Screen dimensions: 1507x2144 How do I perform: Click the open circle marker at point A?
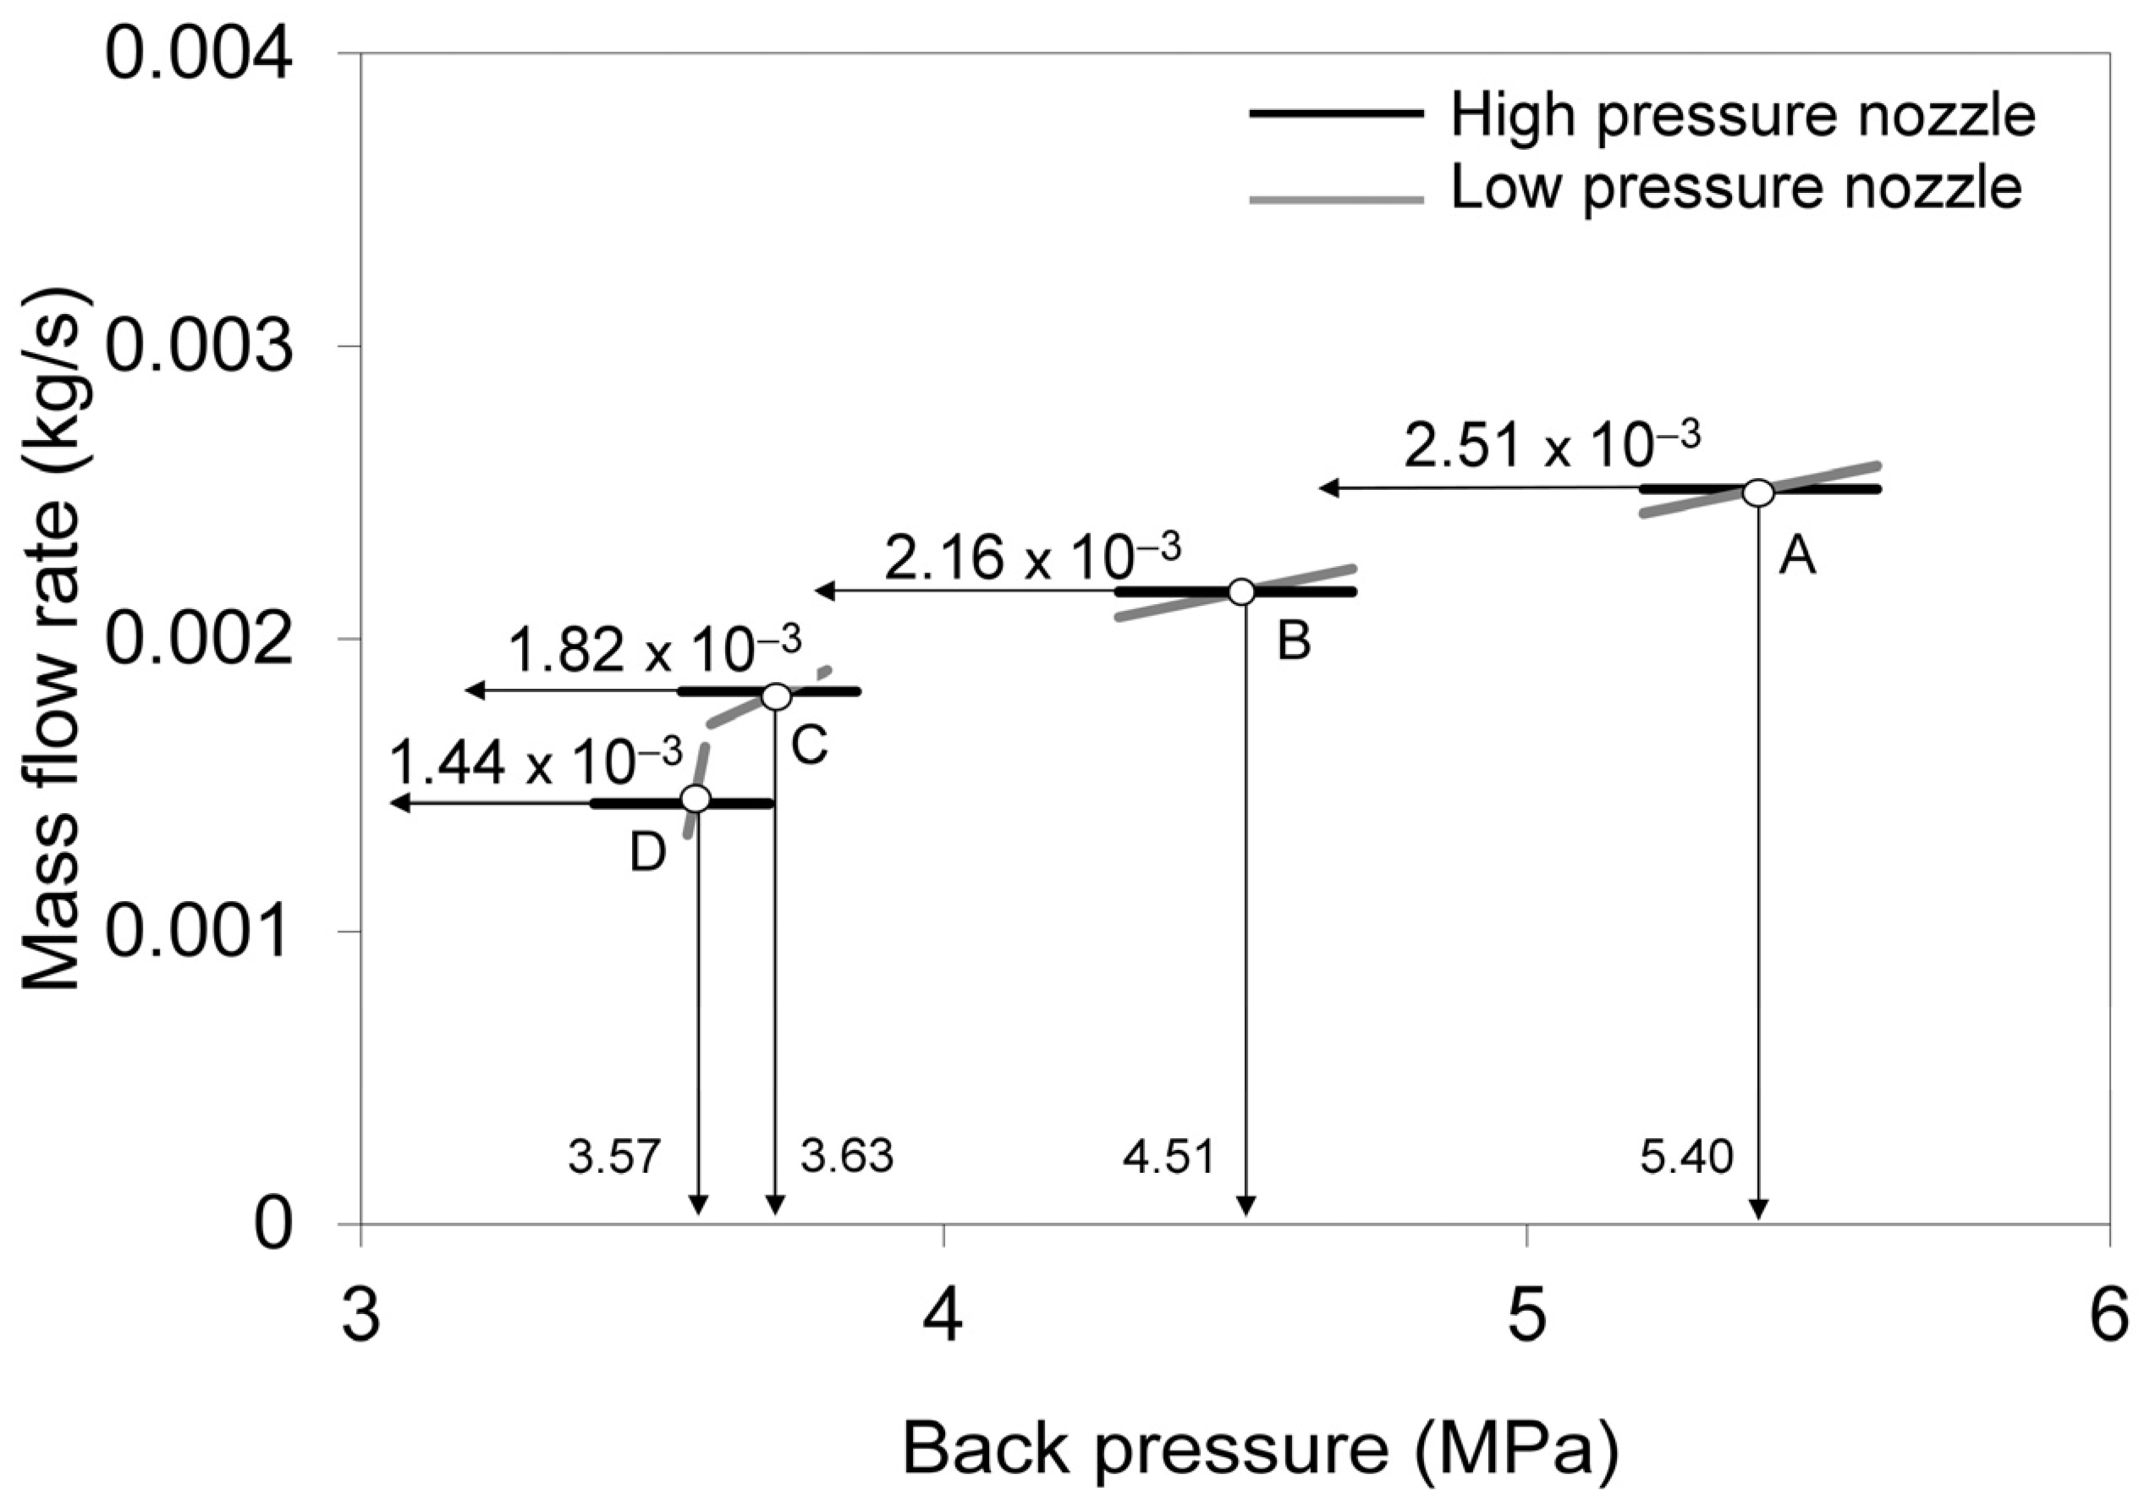click(x=1758, y=492)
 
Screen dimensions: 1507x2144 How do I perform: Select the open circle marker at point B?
click(x=1241, y=592)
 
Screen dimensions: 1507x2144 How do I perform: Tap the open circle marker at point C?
click(x=776, y=696)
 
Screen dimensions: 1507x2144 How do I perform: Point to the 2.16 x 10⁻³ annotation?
click(x=1033, y=557)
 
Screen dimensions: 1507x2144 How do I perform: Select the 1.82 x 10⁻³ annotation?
click(x=655, y=650)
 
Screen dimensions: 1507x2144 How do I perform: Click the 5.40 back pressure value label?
click(x=1686, y=1158)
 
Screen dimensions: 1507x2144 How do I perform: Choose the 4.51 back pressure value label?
click(x=1168, y=1158)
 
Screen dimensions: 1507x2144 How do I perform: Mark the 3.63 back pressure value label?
click(x=847, y=1157)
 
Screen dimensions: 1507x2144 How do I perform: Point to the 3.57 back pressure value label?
click(x=614, y=1158)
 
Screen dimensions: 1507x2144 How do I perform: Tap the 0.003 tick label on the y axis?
click(x=199, y=347)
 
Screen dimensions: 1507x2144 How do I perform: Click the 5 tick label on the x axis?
click(x=1526, y=1318)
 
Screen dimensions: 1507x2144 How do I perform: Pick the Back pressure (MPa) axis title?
click(x=1260, y=1448)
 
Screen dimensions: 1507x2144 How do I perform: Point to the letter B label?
click(x=1295, y=641)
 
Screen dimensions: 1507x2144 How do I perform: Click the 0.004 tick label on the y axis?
click(x=199, y=55)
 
